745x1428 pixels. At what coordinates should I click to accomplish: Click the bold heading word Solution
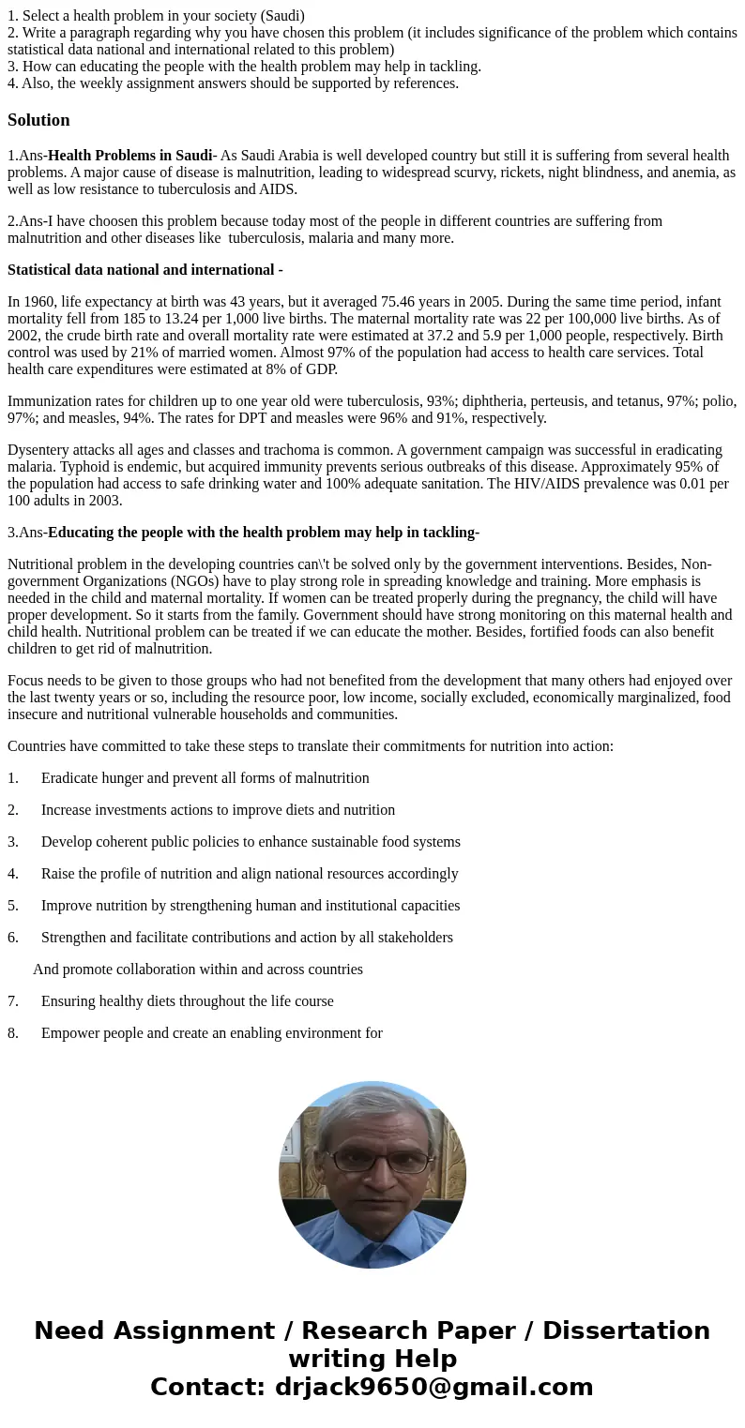click(38, 120)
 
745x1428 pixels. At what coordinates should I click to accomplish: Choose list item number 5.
click(13, 906)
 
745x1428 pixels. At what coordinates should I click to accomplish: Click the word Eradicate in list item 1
click(71, 778)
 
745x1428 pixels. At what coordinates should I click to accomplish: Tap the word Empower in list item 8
click(72, 1033)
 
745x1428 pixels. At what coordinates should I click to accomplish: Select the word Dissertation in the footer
click(626, 1331)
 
